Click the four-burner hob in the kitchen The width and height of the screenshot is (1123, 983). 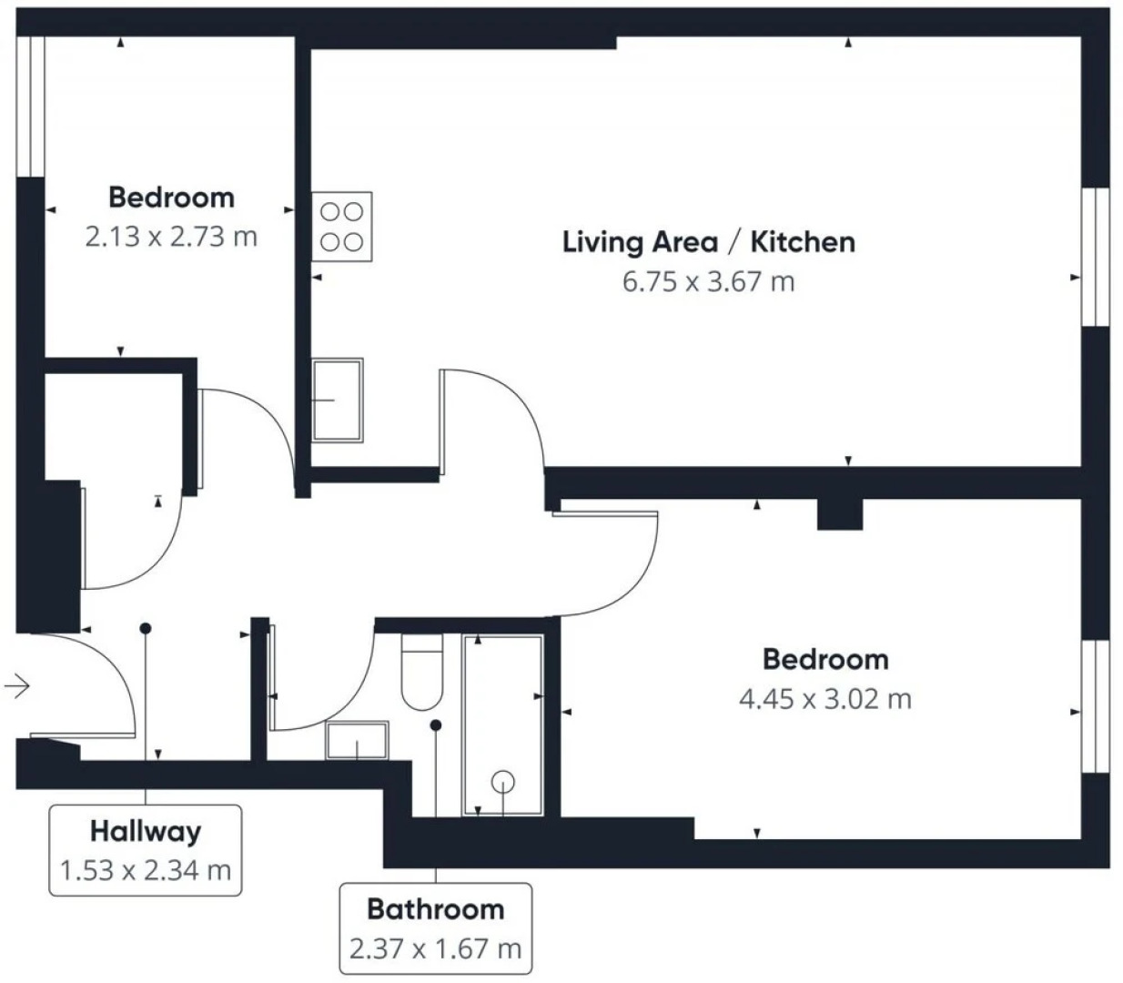pos(342,227)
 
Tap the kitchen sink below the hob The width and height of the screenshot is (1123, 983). pos(338,400)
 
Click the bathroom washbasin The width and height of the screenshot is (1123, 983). pos(357,741)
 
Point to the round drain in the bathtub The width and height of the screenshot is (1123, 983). pos(503,781)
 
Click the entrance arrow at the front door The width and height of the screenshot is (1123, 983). pos(16,685)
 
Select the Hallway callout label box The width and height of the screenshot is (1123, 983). pos(145,850)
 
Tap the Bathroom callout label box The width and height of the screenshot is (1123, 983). pos(435,928)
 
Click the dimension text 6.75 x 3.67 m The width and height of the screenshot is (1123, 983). pos(708,281)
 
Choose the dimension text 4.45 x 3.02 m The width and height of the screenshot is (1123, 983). pos(825,699)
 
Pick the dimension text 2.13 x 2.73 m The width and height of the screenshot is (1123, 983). pos(171,237)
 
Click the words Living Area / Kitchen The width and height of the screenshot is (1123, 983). pos(708,242)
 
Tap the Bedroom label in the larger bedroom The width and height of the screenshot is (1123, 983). pos(825,659)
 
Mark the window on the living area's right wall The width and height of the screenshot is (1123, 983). pos(1096,257)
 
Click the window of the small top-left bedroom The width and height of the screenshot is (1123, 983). pos(31,106)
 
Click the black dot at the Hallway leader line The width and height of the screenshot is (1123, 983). pos(145,628)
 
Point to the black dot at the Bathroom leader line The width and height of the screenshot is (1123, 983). pos(436,725)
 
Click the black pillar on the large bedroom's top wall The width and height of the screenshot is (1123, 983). pos(838,514)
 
